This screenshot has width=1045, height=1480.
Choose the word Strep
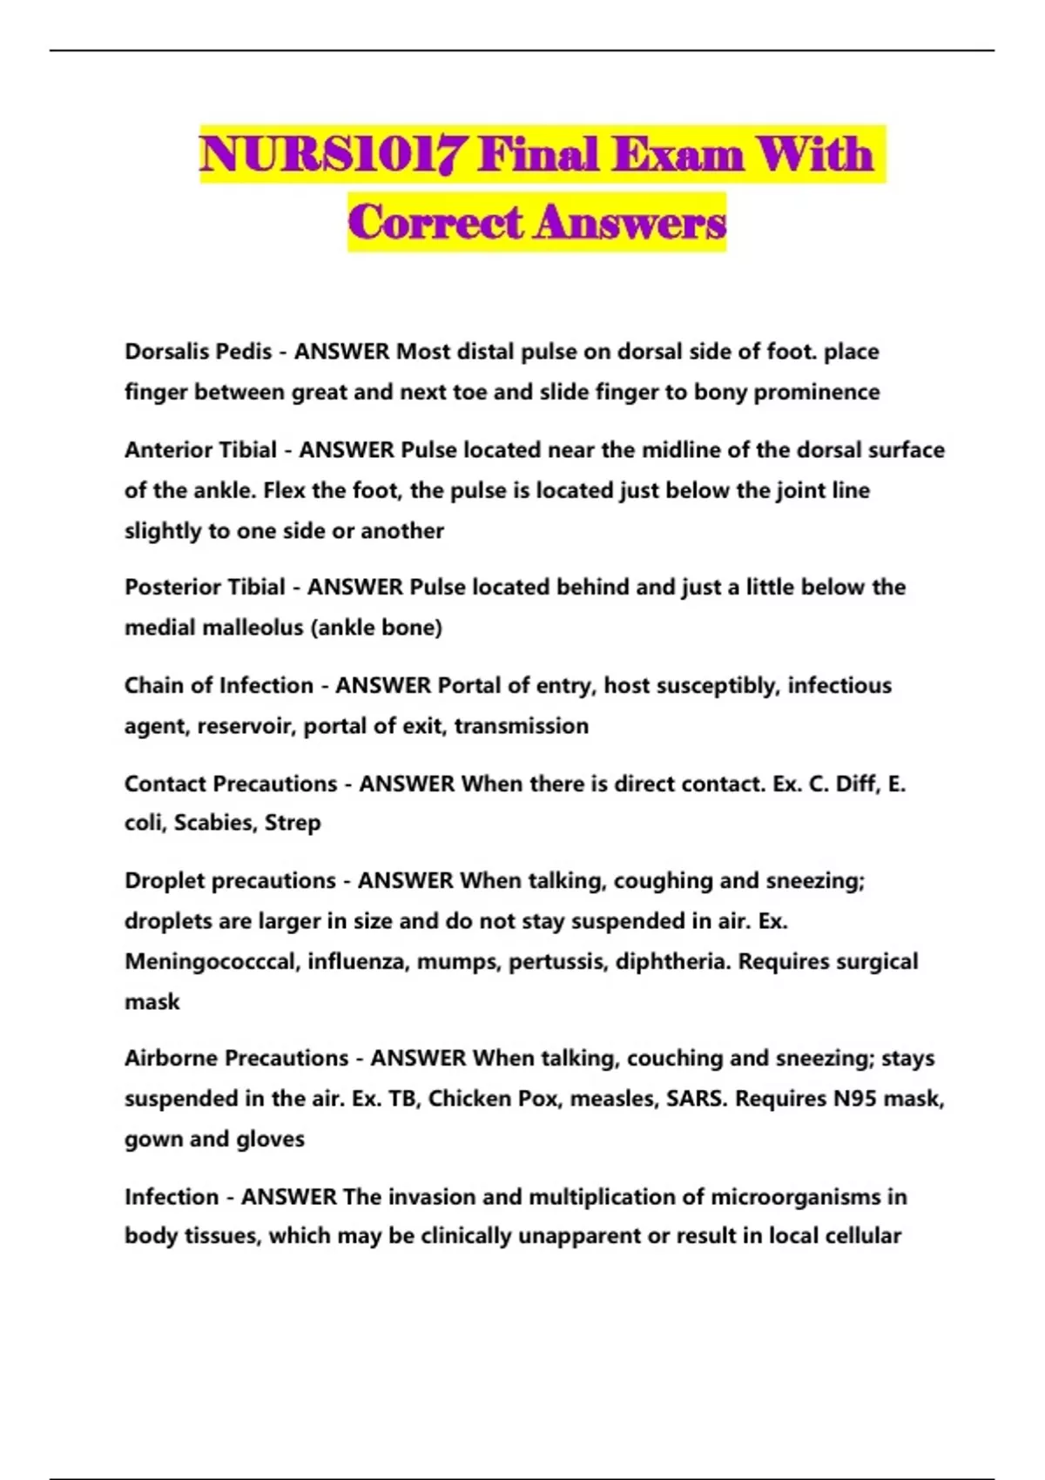tap(293, 824)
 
